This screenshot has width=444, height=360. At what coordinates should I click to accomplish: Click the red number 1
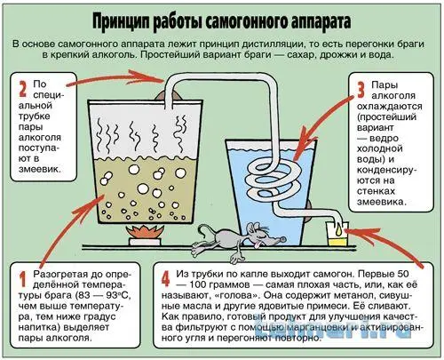tap(22, 279)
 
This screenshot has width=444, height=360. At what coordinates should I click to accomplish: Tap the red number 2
tap(22, 89)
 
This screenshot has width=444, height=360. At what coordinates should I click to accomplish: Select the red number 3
tap(361, 90)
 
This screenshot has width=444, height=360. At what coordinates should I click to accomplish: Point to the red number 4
tap(166, 279)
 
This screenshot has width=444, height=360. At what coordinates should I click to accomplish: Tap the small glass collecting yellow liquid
tap(337, 234)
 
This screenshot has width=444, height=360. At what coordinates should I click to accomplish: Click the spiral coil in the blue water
tap(274, 180)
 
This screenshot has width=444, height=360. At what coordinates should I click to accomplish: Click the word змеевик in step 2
tap(39, 170)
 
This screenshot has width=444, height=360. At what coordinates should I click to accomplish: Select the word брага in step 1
tap(59, 296)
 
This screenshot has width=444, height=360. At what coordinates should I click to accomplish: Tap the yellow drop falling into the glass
tap(339, 228)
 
